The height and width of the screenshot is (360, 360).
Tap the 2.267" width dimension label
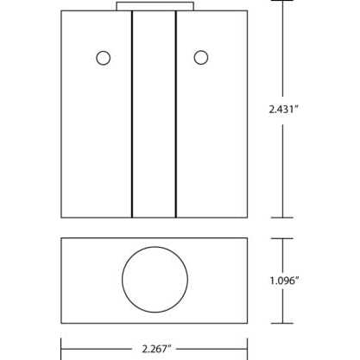155,349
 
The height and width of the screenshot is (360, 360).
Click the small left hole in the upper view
104,58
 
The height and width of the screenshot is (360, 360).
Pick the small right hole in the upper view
201,58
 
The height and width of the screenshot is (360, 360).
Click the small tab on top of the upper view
155,7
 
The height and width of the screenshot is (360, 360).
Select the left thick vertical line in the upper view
131,114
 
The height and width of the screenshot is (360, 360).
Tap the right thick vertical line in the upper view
176,114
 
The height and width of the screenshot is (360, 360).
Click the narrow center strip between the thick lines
154,114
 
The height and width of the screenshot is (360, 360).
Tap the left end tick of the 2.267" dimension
61,349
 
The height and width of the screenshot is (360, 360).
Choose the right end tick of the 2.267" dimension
248,349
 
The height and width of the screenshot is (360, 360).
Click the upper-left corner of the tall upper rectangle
61,11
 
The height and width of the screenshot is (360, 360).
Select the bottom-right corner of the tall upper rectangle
248,218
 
